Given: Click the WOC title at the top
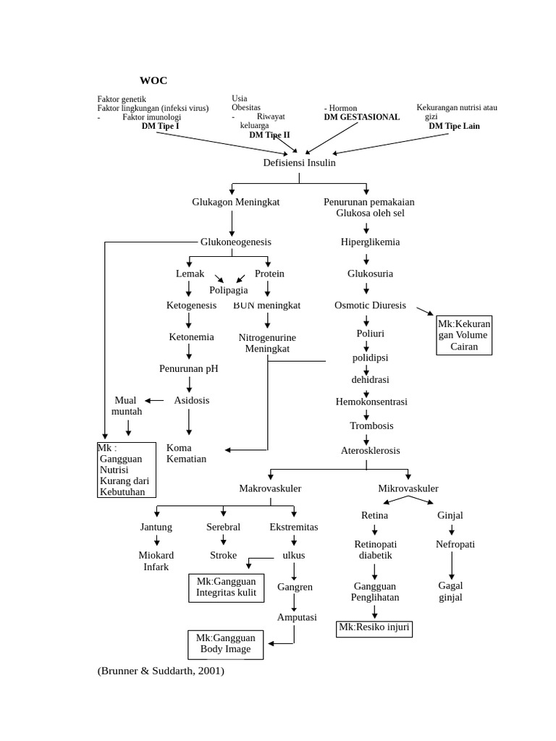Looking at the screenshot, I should pyautogui.click(x=153, y=80).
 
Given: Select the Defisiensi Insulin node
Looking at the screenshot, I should pyautogui.click(x=299, y=163).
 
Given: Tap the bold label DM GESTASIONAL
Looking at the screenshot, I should pyautogui.click(x=361, y=117).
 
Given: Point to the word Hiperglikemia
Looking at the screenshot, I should pyautogui.click(x=370, y=242).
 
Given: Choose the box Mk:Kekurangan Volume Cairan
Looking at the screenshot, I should pyautogui.click(x=464, y=335).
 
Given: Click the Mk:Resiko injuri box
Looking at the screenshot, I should pyautogui.click(x=374, y=628).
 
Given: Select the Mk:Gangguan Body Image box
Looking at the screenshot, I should pyautogui.click(x=225, y=643).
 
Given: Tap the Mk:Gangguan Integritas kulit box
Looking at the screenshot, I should pyautogui.click(x=226, y=587).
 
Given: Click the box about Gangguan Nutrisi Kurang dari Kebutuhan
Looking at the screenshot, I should pyautogui.click(x=127, y=470).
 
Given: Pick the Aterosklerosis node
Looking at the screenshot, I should pyautogui.click(x=370, y=450).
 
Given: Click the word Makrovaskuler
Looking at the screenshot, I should pyautogui.click(x=270, y=488).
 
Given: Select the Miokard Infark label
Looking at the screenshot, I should pyautogui.click(x=156, y=561).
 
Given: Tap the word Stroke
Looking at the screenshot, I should pyautogui.click(x=223, y=555).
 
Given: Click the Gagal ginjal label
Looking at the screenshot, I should pyautogui.click(x=450, y=591).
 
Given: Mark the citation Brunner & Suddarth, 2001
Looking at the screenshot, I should pyautogui.click(x=161, y=671).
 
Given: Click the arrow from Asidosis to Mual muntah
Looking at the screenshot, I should pyautogui.click(x=154, y=400).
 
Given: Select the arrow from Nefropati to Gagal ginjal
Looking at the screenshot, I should pyautogui.click(x=452, y=565).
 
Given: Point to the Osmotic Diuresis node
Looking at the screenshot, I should pyautogui.click(x=370, y=305).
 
